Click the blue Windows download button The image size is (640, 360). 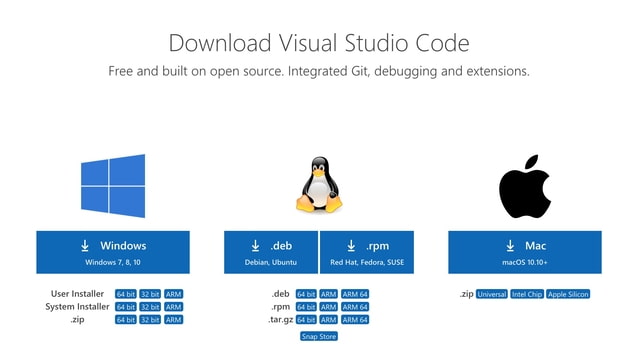pos(113,252)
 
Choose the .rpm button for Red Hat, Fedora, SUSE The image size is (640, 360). pos(367,252)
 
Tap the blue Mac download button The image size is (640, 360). pos(525,252)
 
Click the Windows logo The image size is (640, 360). pos(113,186)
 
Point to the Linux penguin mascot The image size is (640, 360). pos(319,186)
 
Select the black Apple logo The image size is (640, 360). pos(525,186)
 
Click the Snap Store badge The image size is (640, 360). pos(319,337)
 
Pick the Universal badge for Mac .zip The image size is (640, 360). pos(492,294)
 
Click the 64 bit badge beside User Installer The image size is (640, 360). pos(125,294)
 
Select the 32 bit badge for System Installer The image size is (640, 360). pos(150,307)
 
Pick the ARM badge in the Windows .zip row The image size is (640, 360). pos(174,320)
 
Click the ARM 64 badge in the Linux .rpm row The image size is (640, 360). pos(355,307)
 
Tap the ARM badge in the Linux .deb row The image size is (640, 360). pos(329,294)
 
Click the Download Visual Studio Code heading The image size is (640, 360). pos(319,43)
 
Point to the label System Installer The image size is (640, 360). pos(77,307)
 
